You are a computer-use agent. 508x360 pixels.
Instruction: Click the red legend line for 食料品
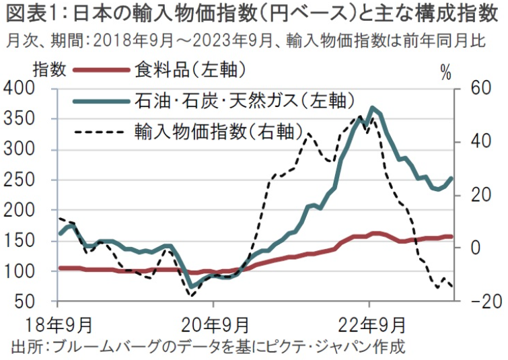tap(99, 69)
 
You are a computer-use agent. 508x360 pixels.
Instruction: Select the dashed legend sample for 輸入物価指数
tap(99, 130)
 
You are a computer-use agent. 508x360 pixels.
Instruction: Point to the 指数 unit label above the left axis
tap(48, 69)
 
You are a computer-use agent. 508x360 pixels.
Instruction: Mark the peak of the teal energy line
tap(372, 107)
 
